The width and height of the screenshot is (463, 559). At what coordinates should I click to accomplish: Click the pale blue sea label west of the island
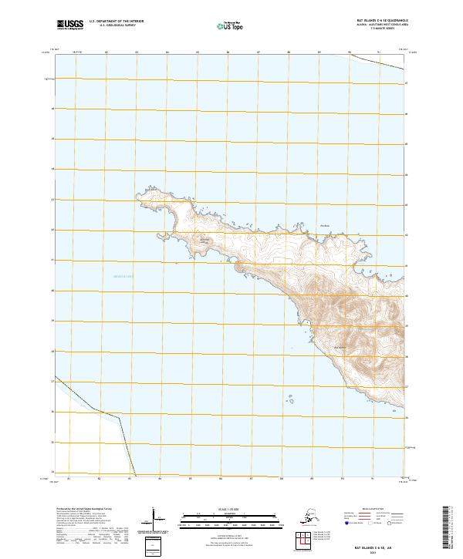click(123, 276)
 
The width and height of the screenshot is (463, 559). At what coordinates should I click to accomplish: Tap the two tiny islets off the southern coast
click(293, 399)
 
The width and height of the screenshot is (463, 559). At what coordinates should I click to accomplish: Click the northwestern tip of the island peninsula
click(142, 190)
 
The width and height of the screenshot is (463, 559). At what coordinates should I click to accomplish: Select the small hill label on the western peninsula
click(204, 240)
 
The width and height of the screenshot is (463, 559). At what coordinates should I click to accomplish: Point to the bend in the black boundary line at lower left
click(93, 407)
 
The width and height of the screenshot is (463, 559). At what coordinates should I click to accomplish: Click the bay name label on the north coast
click(324, 225)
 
